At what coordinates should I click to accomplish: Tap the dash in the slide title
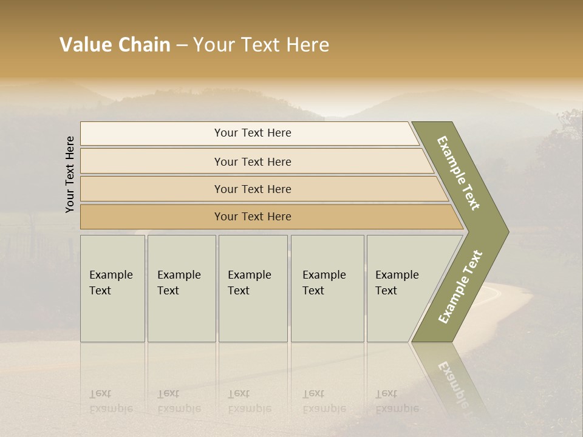coord(182,46)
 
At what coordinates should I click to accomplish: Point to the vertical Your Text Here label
coord(70,174)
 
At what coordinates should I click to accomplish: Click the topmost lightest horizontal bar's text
coord(253,133)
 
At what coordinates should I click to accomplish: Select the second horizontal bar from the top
coord(253,161)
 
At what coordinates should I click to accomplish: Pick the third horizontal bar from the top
coord(253,189)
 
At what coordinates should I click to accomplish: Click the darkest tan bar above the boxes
coord(253,217)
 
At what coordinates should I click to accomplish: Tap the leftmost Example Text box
coord(112,288)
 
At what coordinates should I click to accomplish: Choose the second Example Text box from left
coord(181,288)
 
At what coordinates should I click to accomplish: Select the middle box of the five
coord(253,288)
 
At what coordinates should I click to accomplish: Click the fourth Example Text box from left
coord(327,288)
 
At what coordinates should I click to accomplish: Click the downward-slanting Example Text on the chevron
coord(459,173)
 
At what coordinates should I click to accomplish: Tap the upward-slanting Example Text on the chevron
coord(460,287)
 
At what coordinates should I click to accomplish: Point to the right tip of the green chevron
coord(507,231)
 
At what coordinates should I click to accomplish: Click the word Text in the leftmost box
coord(100,291)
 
